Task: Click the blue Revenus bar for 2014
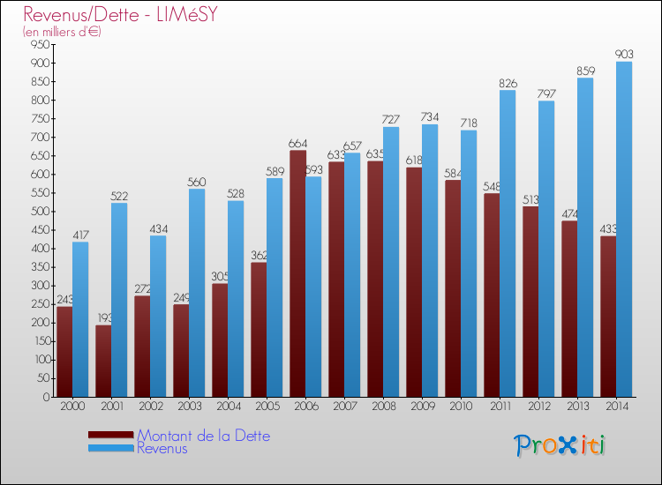(x=624, y=229)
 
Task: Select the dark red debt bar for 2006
(x=297, y=273)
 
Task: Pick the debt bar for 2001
(x=103, y=361)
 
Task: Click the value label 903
(x=624, y=55)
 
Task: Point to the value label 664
(x=297, y=144)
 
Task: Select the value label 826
(x=508, y=84)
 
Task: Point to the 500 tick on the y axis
(x=37, y=212)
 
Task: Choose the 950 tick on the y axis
(x=37, y=45)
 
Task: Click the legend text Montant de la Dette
(x=204, y=436)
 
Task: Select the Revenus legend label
(x=162, y=449)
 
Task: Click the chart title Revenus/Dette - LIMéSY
(x=120, y=15)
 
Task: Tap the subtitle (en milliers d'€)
(x=63, y=32)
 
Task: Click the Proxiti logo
(x=560, y=445)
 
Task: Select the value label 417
(x=80, y=235)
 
